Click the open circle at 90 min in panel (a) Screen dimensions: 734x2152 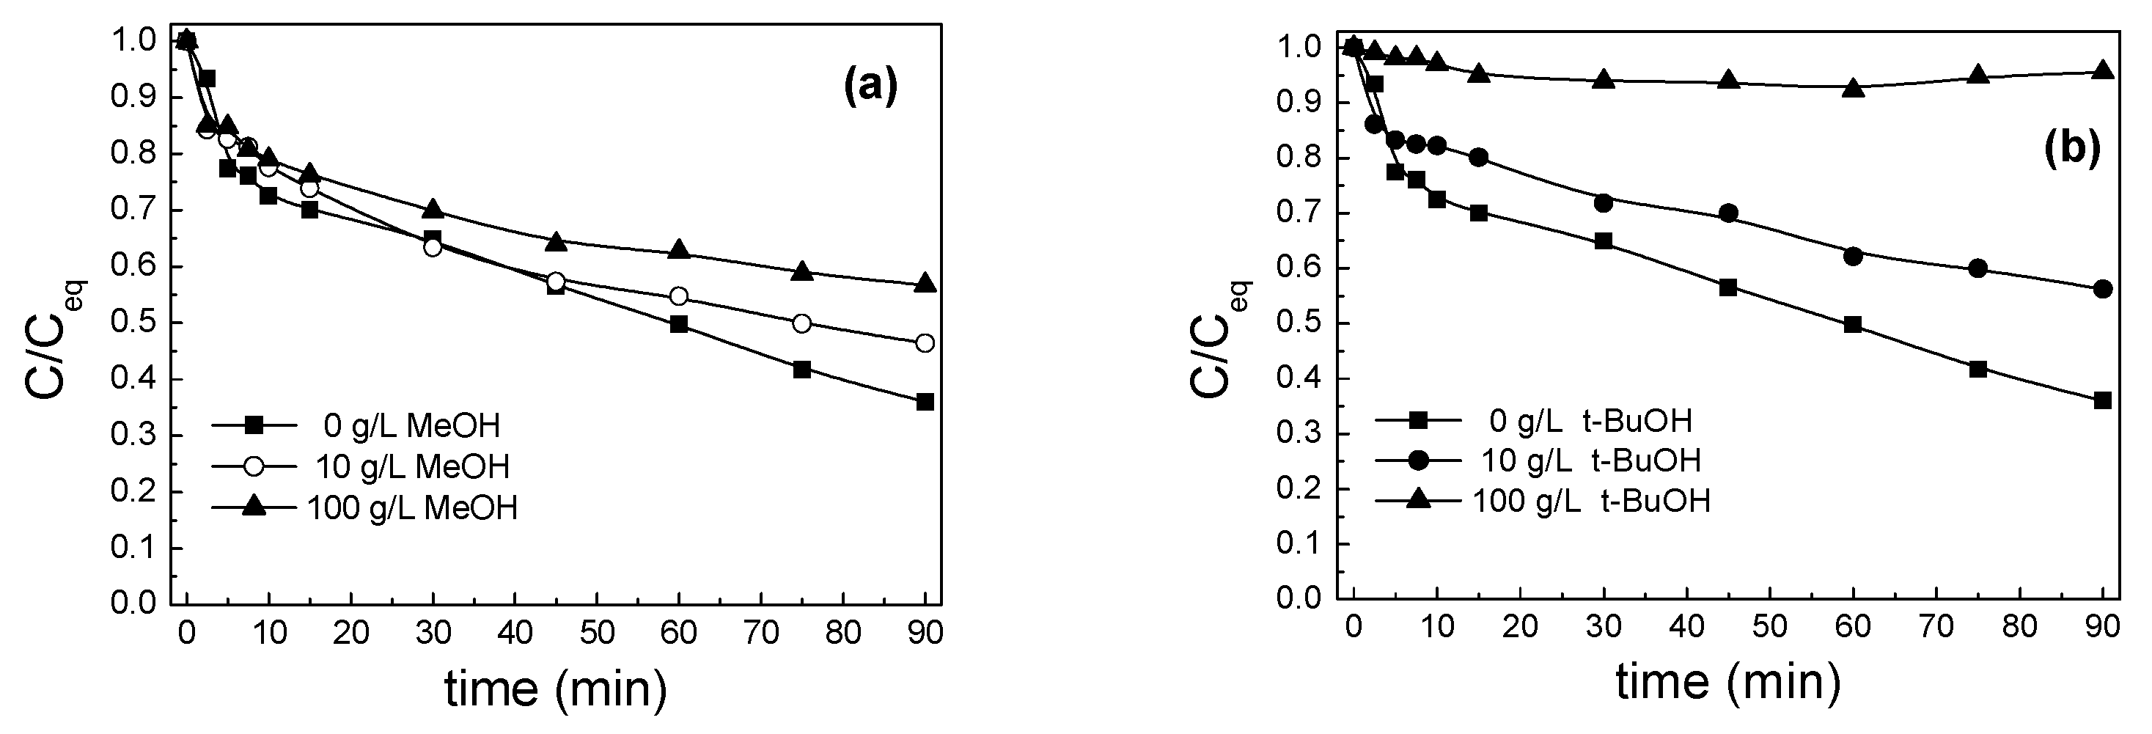point(925,343)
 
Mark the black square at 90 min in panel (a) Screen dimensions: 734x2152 point(925,402)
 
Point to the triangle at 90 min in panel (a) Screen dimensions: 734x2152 point(925,284)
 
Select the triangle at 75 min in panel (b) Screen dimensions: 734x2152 point(1977,75)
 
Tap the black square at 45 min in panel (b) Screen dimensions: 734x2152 point(1728,288)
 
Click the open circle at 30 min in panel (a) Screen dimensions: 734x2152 point(432,247)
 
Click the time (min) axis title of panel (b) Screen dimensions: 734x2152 point(1727,681)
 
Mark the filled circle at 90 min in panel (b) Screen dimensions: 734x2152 point(2103,289)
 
